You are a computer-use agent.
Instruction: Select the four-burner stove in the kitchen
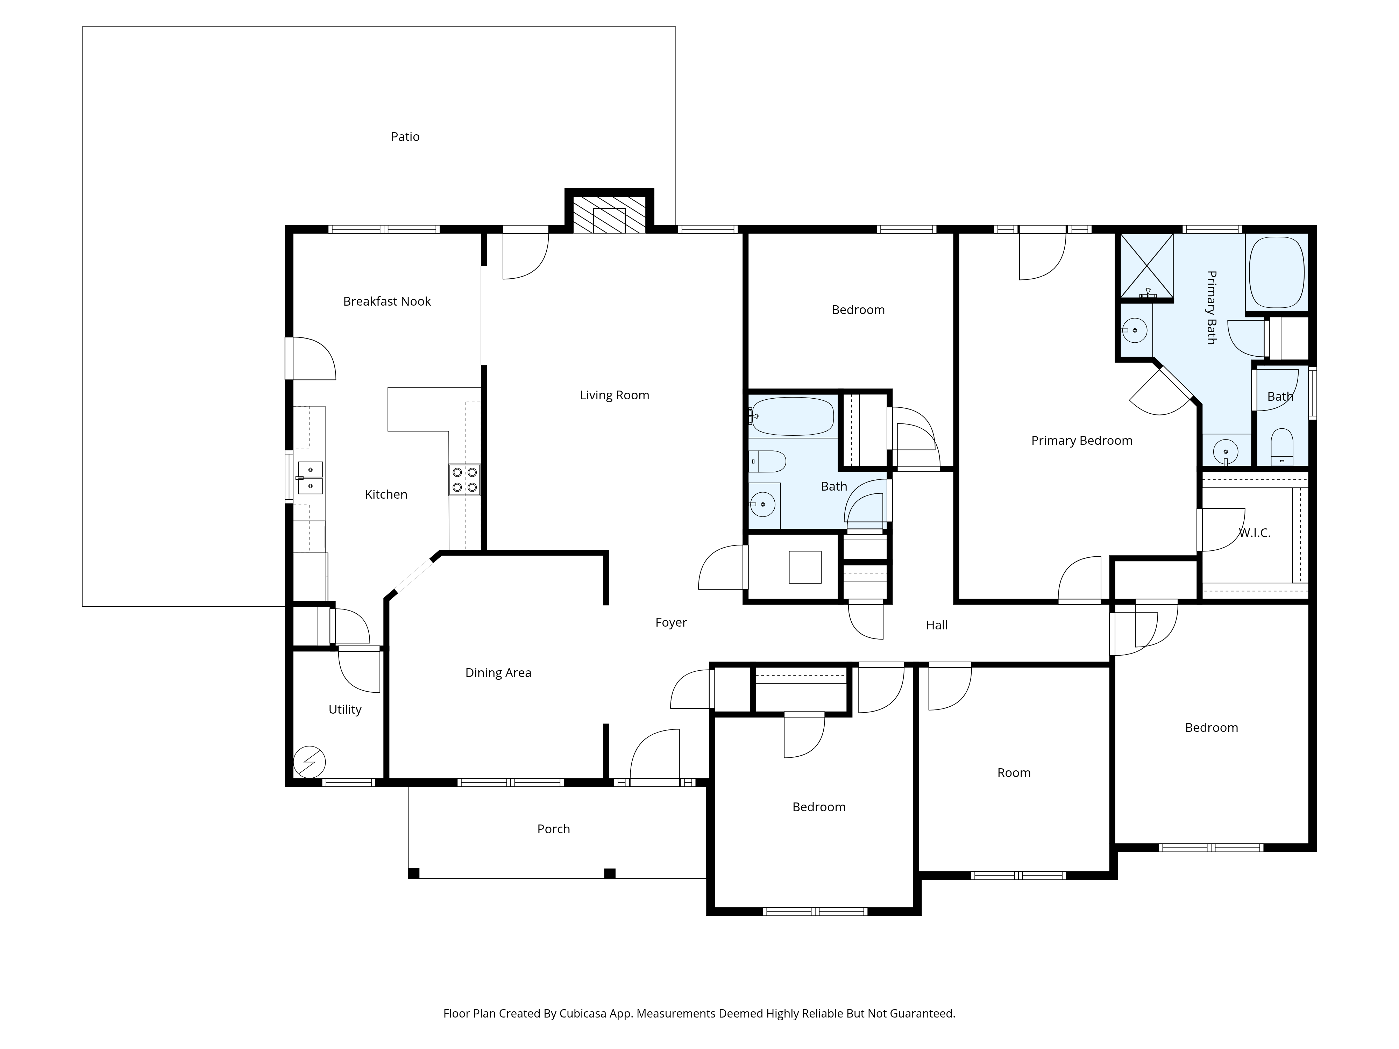tap(465, 480)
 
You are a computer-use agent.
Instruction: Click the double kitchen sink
tap(310, 477)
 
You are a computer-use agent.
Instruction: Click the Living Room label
tap(614, 395)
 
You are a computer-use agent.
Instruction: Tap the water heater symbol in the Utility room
tap(309, 763)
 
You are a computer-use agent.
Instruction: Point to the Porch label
tap(553, 829)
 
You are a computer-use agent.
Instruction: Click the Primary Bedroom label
tap(1081, 441)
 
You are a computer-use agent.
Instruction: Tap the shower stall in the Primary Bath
tap(1146, 265)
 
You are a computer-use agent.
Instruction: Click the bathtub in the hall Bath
tap(793, 416)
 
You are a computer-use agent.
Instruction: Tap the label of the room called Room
tap(1014, 773)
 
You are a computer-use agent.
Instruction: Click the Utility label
tap(345, 709)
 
